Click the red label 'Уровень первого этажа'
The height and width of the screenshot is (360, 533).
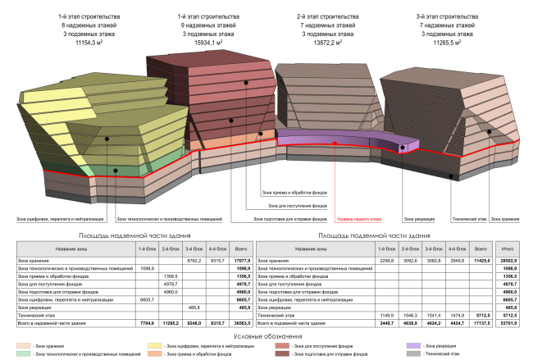[x=358, y=219]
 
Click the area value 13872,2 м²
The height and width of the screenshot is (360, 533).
[x=322, y=43]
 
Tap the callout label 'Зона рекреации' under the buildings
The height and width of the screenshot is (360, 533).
[x=421, y=219]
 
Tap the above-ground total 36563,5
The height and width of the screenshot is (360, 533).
[x=243, y=324]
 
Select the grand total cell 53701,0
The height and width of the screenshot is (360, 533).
[x=508, y=324]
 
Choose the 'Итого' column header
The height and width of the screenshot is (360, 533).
[x=508, y=248]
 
